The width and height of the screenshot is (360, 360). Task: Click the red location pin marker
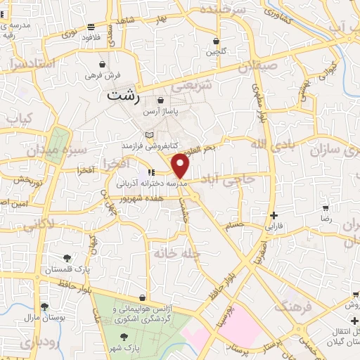[181, 165]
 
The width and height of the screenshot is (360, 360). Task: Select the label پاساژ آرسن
[162, 112]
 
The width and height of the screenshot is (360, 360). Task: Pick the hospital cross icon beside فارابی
[274, 215]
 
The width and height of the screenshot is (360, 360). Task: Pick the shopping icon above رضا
[325, 208]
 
